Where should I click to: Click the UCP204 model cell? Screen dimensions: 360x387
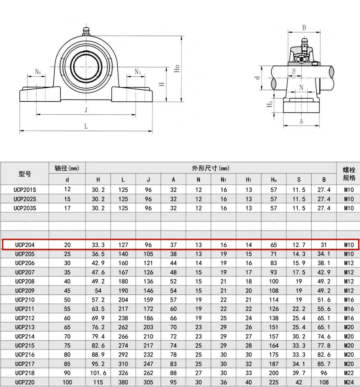(x=25, y=245)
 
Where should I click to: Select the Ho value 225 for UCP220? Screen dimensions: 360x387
(x=273, y=382)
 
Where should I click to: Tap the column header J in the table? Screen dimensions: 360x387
(x=148, y=180)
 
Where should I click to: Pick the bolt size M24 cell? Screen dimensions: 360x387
(x=349, y=382)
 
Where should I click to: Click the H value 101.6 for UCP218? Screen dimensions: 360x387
(x=98, y=373)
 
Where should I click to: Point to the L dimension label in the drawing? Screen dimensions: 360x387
(x=86, y=126)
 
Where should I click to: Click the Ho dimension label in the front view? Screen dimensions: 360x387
(x=177, y=68)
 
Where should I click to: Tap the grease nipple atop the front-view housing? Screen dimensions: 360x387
(x=86, y=31)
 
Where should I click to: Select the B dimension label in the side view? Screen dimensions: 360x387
(x=304, y=28)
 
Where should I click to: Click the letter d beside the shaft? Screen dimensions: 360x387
(x=257, y=78)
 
